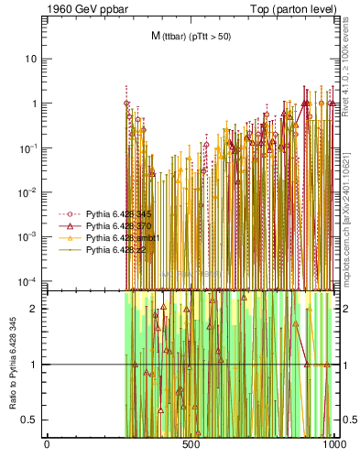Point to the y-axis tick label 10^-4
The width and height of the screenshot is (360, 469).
(x=27, y=280)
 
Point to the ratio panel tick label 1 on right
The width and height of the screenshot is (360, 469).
(x=346, y=365)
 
